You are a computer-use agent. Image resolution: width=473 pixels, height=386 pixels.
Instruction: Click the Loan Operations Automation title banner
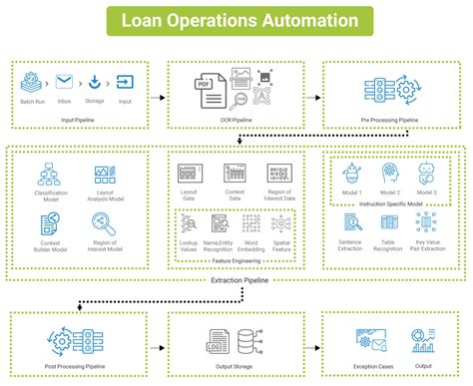click(x=236, y=21)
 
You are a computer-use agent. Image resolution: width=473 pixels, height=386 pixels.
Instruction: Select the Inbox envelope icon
click(x=63, y=83)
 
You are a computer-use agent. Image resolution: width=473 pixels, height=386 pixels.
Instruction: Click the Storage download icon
click(x=95, y=83)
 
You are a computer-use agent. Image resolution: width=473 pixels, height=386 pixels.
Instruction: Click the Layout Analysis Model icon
click(x=104, y=176)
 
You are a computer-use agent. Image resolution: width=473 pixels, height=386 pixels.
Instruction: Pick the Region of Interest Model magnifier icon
click(x=104, y=225)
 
